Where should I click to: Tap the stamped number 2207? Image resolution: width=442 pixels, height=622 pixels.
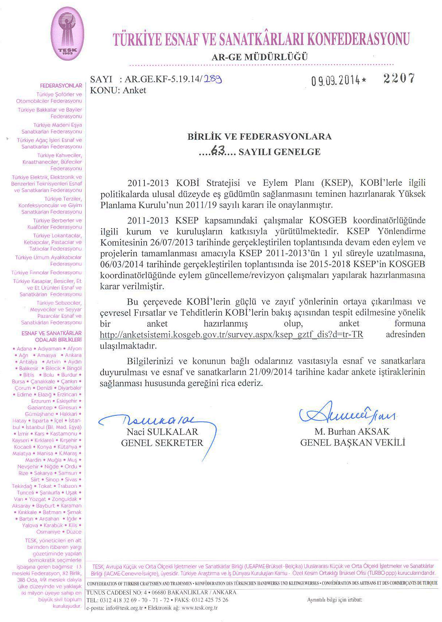[399, 78]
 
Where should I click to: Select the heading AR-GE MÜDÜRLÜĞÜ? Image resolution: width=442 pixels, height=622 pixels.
[260, 57]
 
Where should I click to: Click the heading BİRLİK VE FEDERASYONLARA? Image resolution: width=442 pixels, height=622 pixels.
[259, 137]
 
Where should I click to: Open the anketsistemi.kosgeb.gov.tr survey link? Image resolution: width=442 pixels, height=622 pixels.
[231, 335]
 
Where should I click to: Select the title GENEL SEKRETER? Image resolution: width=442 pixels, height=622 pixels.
[162, 443]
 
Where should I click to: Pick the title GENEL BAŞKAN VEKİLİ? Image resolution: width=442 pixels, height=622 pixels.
[352, 443]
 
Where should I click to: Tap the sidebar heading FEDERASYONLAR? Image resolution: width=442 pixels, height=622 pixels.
[61, 86]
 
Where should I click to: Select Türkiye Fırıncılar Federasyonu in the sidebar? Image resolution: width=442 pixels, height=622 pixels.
[46, 272]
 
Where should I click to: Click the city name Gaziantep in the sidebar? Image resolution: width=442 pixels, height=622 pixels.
[40, 407]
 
